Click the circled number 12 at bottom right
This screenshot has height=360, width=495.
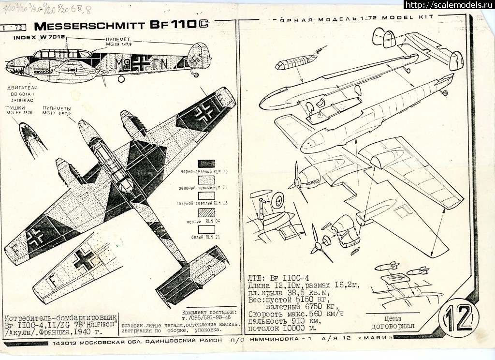pyautogui.click(x=457, y=319)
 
